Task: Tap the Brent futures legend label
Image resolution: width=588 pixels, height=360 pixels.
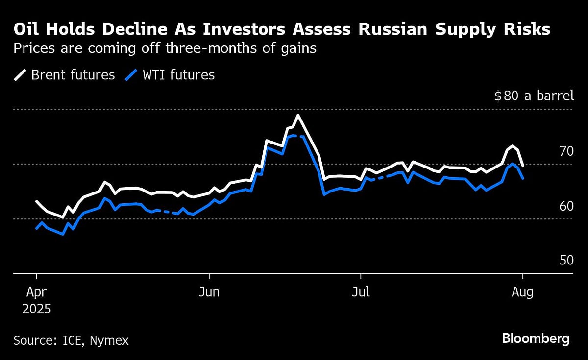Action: [73, 75]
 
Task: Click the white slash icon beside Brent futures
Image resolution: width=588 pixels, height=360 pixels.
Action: [21, 75]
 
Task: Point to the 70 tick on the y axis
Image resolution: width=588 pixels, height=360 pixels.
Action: [566, 151]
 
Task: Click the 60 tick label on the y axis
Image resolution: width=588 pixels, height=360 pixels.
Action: [566, 206]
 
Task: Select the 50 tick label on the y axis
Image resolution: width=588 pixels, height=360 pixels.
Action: [566, 260]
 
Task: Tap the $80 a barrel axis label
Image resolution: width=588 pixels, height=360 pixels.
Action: [534, 96]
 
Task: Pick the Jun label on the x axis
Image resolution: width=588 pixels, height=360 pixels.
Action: [209, 292]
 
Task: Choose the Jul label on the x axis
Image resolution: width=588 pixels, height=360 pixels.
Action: [361, 292]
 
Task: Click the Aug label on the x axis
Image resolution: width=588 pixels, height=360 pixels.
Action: [523, 292]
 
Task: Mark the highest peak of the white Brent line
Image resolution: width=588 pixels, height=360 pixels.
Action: [297, 116]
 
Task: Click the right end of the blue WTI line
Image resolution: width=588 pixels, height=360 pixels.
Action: [523, 178]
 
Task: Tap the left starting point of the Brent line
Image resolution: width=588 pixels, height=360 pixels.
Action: [37, 201]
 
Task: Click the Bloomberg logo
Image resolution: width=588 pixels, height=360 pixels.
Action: [536, 338]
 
